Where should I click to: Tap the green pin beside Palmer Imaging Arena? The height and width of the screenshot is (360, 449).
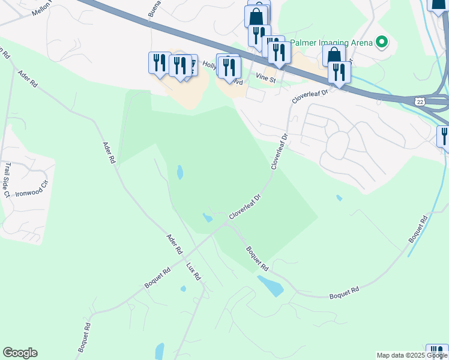click(x=381, y=42)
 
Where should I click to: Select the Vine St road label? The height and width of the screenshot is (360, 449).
click(x=265, y=78)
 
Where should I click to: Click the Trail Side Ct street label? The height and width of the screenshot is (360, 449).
click(x=7, y=179)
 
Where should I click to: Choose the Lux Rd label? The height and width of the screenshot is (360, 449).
click(x=193, y=272)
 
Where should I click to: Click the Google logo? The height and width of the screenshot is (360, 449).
click(x=20, y=353)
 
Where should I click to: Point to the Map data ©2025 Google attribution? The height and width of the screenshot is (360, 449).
click(x=412, y=355)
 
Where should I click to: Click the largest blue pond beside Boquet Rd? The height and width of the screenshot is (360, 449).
click(x=270, y=286)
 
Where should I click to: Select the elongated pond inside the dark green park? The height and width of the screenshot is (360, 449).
click(x=180, y=173)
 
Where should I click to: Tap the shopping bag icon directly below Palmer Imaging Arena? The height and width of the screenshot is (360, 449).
click(x=334, y=56)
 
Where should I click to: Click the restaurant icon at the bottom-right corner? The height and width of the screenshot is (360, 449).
click(x=437, y=352)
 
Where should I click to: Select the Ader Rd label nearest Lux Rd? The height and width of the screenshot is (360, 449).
click(x=175, y=244)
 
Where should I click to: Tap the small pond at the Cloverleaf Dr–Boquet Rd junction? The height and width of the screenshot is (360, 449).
click(x=207, y=218)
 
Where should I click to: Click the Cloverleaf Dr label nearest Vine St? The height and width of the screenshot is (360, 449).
click(x=310, y=97)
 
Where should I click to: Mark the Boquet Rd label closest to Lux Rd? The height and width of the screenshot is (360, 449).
click(x=158, y=278)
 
